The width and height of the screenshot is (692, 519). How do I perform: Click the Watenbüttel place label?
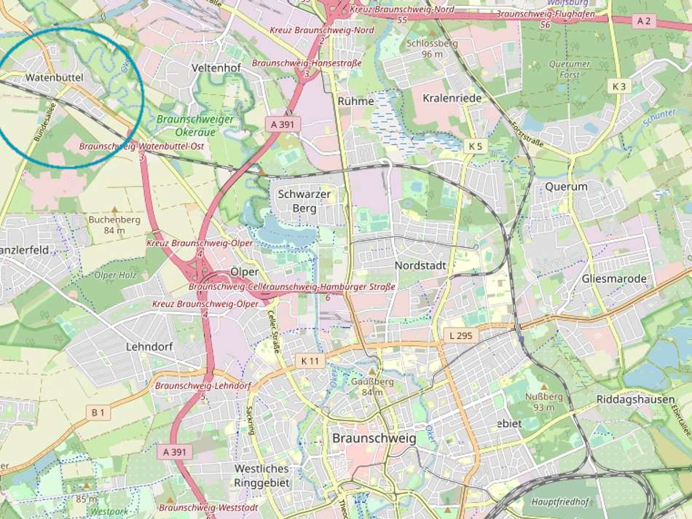55,77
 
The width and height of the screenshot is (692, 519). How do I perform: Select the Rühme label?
356,101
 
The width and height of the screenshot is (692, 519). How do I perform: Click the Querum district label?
566,187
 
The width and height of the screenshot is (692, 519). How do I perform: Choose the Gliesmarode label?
614,279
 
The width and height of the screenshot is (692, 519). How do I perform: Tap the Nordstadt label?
420,265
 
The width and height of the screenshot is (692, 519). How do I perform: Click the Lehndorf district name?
149,347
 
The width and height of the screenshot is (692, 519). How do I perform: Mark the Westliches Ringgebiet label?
262,475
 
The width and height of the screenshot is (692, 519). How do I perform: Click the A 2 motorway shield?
643,21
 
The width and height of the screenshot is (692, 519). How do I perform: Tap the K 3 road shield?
618,86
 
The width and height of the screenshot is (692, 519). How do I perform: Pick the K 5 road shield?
475,146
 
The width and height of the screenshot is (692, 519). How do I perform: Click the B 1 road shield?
98,413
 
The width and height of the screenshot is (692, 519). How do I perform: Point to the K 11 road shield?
310,360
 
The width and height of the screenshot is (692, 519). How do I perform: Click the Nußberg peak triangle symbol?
545,386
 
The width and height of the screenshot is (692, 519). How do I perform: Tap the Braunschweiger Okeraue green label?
194,125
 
